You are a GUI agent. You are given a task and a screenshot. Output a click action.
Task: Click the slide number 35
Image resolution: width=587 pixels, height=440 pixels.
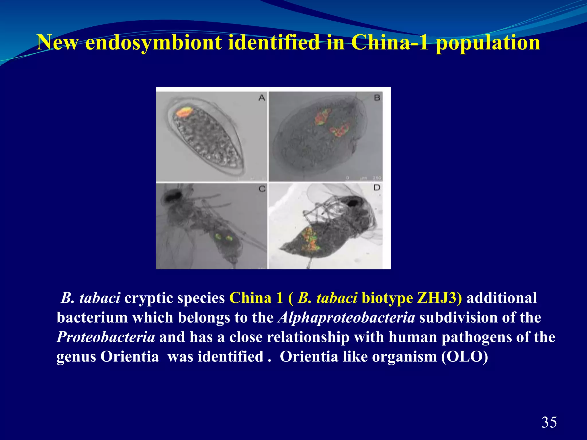tap(549, 423)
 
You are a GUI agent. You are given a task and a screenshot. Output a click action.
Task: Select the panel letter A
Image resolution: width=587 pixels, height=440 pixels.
tap(261, 98)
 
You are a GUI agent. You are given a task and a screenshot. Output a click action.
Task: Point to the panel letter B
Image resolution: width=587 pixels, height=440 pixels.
tap(377, 98)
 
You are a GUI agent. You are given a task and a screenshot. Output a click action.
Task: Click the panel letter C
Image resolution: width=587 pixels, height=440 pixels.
tap(262, 189)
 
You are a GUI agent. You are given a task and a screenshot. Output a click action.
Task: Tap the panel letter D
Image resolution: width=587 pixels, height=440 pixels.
tap(377, 188)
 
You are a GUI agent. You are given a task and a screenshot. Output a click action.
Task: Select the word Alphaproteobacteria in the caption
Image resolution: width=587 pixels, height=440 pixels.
tap(346, 318)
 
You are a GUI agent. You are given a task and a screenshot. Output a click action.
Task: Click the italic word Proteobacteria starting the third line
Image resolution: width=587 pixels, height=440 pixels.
tap(106, 337)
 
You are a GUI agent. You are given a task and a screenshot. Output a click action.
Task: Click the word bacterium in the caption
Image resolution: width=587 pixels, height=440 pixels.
tap(92, 318)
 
